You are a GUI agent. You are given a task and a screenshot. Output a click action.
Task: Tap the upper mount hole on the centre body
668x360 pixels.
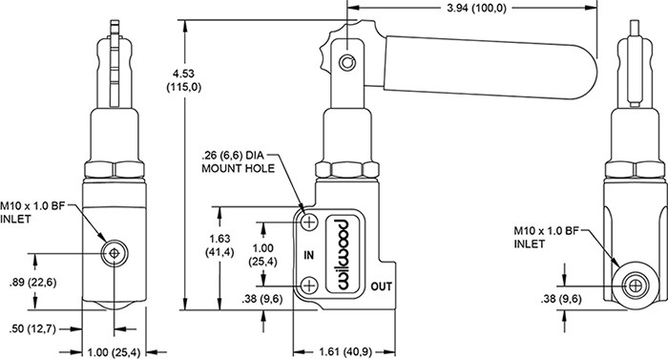pyautogui.click(x=309, y=222)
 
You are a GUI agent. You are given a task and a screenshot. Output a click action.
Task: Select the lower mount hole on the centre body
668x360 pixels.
pyautogui.click(x=309, y=285)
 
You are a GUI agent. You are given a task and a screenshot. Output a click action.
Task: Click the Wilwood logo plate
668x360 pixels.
pyautogui.click(x=344, y=254)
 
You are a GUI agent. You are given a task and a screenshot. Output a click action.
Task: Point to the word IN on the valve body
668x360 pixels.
pyautogui.click(x=309, y=255)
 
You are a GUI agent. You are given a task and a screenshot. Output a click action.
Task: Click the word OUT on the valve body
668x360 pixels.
pyautogui.click(x=382, y=286)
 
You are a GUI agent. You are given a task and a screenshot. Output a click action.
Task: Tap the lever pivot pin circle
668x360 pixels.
pyautogui.click(x=347, y=63)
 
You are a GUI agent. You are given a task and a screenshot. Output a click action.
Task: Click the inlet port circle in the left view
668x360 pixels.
pyautogui.click(x=115, y=253)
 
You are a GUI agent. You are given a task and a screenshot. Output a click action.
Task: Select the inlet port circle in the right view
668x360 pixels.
pyautogui.click(x=635, y=286)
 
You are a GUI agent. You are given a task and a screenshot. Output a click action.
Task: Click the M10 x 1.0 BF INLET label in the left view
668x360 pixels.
pyautogui.click(x=32, y=212)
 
